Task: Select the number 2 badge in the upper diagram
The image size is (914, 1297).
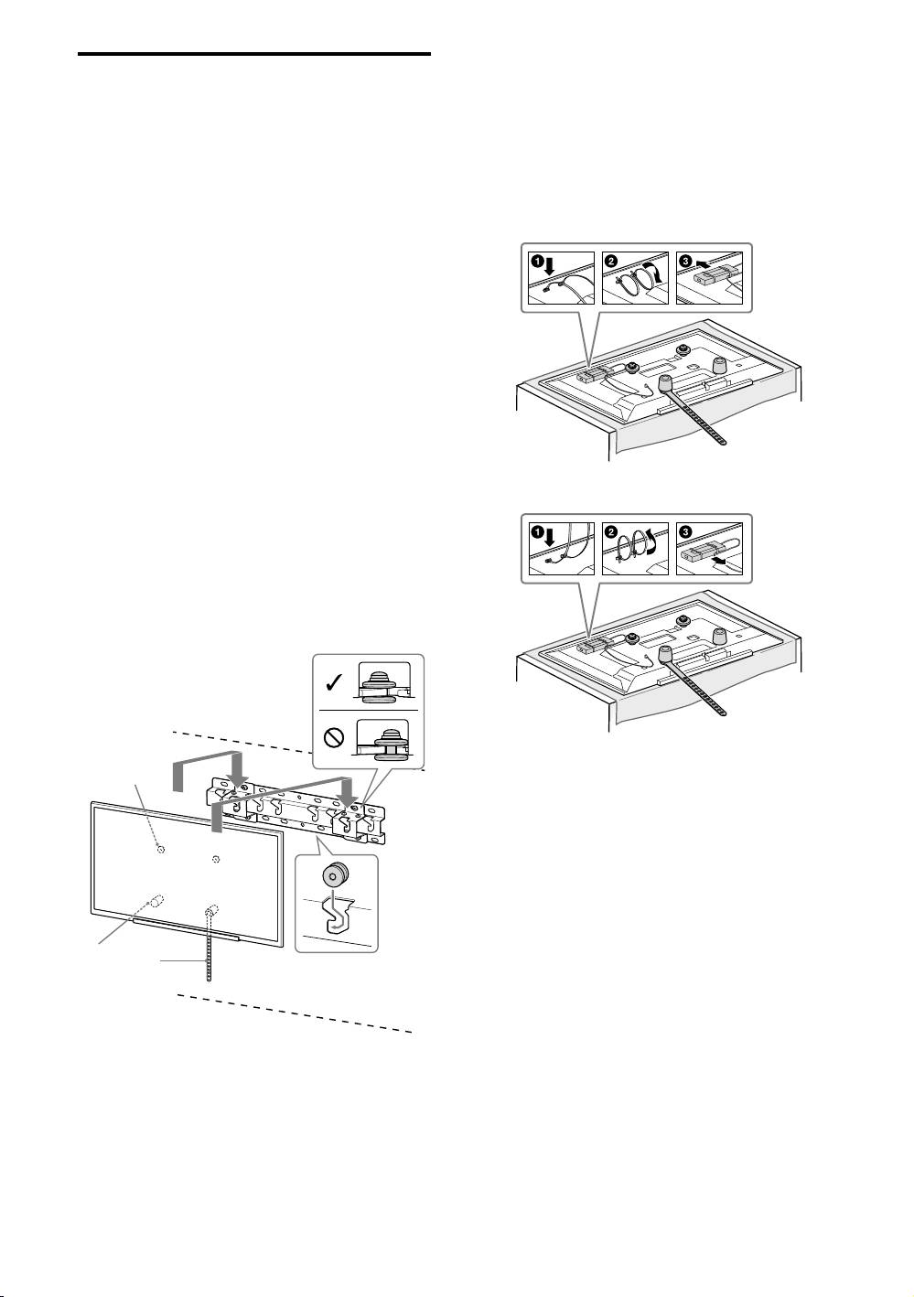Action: click(610, 260)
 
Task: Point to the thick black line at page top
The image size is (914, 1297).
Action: click(253, 55)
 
